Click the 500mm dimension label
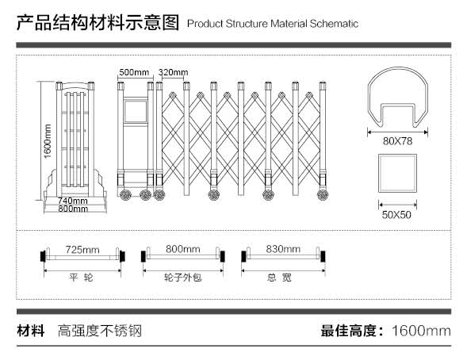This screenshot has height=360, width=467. pos(134,72)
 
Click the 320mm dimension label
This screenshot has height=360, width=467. pos(173,72)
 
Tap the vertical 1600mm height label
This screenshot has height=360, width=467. pos(48,141)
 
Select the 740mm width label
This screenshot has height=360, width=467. pos(73,201)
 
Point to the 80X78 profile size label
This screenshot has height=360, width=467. pos(397,141)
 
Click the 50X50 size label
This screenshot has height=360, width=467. pos(396,214)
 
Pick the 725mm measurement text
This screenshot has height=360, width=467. pos(82,250)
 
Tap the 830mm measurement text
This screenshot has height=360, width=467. pos(283,249)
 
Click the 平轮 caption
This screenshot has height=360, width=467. pos(82,278)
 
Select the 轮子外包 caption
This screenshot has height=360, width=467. pos(183,278)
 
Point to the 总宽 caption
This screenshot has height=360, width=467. pos(279,278)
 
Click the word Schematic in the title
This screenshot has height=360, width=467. pos(334,24)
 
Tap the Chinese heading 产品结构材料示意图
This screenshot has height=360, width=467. pos(98,23)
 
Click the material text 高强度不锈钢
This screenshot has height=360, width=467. pos(99,331)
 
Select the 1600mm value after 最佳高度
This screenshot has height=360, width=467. pos(421,331)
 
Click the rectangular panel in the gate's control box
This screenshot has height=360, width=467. pos(136,112)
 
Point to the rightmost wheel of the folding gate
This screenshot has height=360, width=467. pos(323,195)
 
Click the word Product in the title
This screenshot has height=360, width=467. pos(205,24)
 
